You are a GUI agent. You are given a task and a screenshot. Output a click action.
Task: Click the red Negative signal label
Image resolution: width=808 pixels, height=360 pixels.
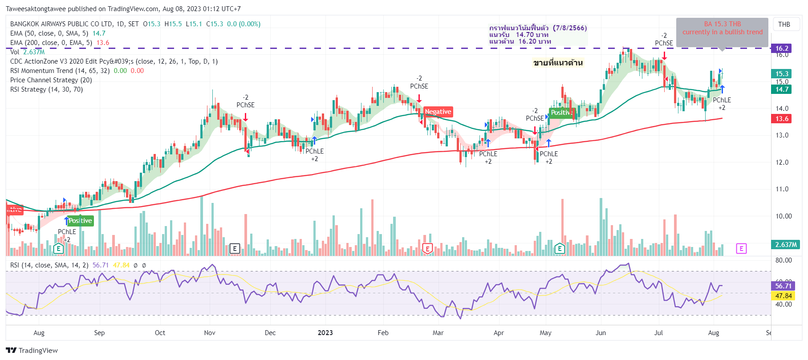click(438, 112)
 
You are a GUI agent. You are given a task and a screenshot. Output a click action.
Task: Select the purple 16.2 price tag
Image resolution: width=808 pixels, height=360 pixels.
click(782, 49)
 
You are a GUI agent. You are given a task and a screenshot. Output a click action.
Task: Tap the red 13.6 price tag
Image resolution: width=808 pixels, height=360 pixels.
click(782, 119)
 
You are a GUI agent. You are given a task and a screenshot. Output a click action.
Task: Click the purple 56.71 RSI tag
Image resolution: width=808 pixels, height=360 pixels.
click(783, 286)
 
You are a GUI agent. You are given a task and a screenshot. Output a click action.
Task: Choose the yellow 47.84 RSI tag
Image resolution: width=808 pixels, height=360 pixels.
click(783, 296)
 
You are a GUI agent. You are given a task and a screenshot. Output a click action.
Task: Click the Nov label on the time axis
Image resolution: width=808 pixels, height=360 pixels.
click(210, 333)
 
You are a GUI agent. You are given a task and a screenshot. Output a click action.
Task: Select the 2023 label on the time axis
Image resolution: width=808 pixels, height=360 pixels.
click(325, 333)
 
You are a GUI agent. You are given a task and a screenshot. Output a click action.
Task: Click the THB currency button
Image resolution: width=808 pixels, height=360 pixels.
click(784, 24)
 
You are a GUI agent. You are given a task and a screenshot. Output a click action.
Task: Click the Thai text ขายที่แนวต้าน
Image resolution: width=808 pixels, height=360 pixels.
click(558, 63)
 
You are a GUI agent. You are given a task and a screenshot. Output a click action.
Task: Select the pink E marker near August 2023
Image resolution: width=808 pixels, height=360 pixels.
click(741, 248)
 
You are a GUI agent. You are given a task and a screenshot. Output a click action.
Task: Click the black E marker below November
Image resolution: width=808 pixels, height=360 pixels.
click(235, 249)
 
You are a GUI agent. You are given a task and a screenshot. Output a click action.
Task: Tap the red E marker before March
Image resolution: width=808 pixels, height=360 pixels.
click(427, 249)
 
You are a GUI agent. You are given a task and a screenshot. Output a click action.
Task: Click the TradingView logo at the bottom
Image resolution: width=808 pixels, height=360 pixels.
click(32, 351)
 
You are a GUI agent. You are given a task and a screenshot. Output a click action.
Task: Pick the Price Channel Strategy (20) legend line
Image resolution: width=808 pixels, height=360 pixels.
click(51, 80)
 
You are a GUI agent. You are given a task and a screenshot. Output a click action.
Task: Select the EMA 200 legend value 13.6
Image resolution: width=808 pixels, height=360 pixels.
click(103, 43)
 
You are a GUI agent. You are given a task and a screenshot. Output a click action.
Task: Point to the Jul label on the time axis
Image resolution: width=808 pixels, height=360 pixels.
click(658, 333)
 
